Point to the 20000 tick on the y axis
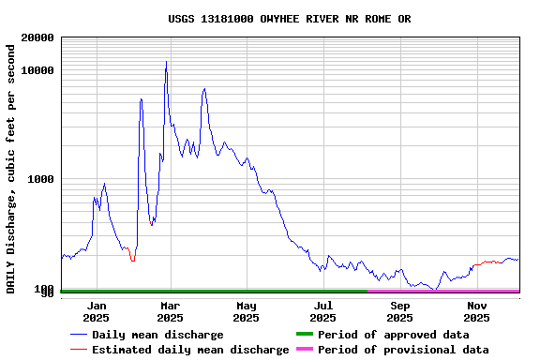(x=36, y=38)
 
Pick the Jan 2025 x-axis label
(x=96, y=311)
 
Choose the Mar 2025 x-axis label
(x=170, y=311)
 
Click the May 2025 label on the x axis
(x=247, y=311)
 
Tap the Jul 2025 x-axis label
(x=323, y=311)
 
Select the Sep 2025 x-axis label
(x=400, y=311)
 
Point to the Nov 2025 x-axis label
(x=477, y=311)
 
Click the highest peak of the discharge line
(x=166, y=63)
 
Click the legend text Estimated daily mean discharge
(x=190, y=350)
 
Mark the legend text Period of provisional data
(x=403, y=350)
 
